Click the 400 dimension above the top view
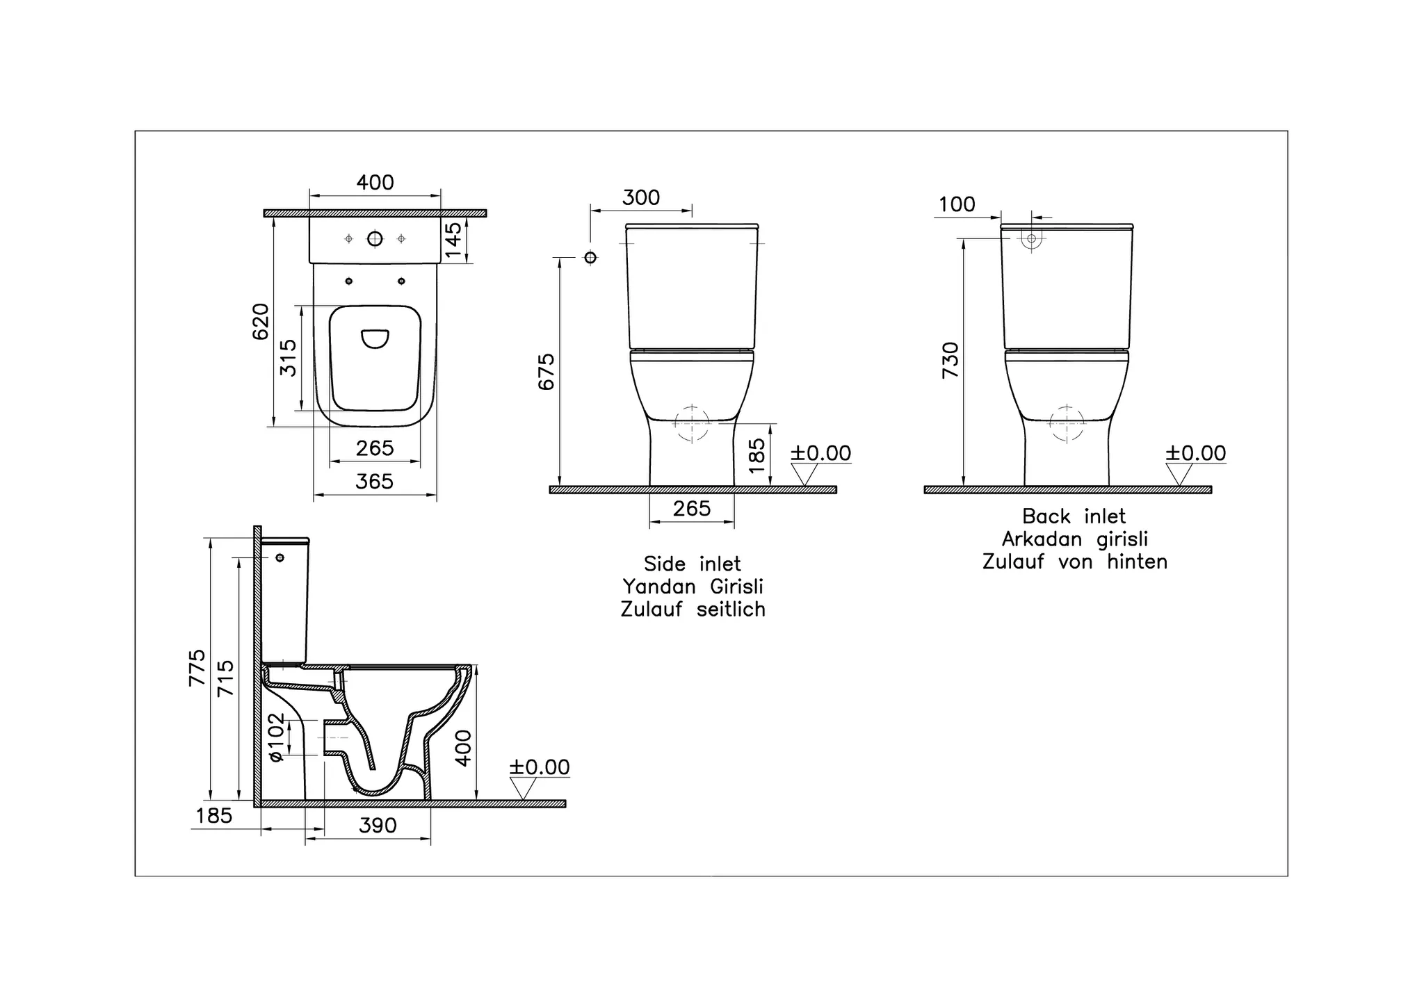pos(375,183)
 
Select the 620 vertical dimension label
pos(260,322)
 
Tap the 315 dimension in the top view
pos(288,358)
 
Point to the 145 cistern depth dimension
pos(453,240)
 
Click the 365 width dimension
pos(375,482)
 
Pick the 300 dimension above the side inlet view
pos(640,198)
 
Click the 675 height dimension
pos(547,372)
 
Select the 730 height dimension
pos(950,360)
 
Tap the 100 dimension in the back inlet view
pos(957,205)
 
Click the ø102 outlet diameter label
pos(277,737)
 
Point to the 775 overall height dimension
pos(197,668)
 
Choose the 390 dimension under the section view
pos(378,826)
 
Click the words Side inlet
pos(692,564)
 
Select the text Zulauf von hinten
pos(1074,562)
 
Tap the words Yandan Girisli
pos(693,587)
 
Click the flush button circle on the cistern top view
pos(375,239)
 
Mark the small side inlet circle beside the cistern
pos(590,258)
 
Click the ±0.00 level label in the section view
pos(539,767)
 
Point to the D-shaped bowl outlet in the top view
pos(375,338)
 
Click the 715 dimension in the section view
pos(226,678)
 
